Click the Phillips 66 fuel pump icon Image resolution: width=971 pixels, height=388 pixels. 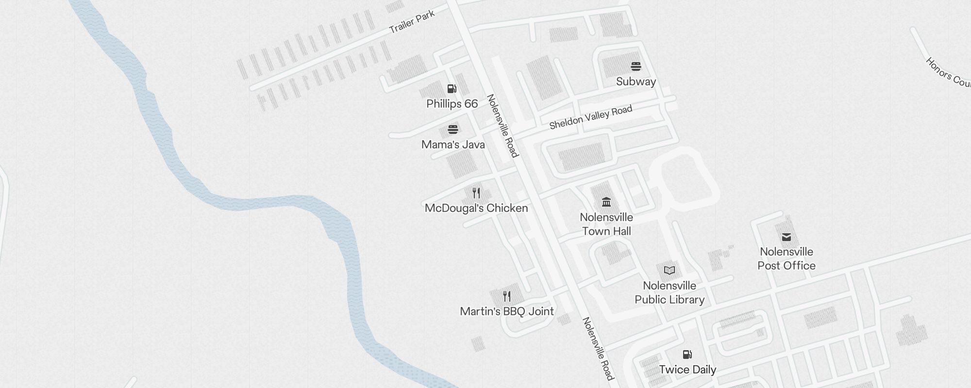pos(452,89)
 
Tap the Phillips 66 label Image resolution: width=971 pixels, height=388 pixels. pos(452,104)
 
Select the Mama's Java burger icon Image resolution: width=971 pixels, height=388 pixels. pos(453,129)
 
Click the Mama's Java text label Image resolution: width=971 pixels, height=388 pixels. pos(453,145)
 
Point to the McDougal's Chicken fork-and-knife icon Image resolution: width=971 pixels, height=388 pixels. pos(476,193)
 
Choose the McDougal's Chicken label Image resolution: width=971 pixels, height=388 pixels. pos(476,208)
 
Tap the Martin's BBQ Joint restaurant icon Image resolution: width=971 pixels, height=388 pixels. pos(507,296)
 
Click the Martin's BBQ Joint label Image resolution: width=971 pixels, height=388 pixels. pos(507,311)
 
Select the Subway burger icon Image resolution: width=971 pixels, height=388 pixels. pos(636,66)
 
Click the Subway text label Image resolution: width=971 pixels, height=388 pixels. pos(636,81)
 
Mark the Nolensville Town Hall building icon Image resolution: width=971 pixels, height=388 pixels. pos(606,202)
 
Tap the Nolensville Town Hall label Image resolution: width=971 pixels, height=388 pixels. pos(606,224)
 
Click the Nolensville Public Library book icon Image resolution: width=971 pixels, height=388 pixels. pos(670,270)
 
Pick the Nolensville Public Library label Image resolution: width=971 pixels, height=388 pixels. pos(670,292)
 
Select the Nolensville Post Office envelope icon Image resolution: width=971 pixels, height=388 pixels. pos(787,237)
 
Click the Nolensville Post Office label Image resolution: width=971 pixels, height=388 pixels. pos(787,259)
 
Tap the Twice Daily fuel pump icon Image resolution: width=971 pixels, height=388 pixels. pos(687,355)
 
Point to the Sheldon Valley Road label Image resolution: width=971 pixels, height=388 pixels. pos(591,117)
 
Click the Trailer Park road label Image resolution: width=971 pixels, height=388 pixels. pos(412,22)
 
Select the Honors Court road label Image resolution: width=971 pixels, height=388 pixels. pos(947,73)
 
